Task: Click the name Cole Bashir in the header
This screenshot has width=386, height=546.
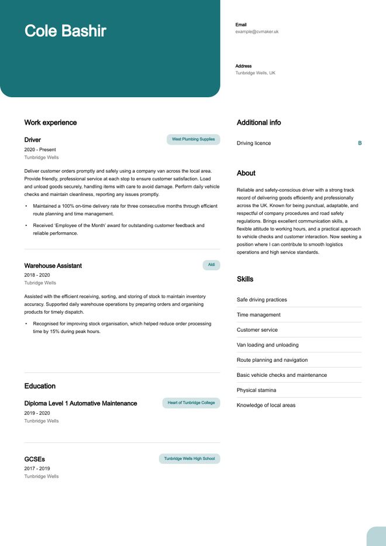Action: tap(65, 31)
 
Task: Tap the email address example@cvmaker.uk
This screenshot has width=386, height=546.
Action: tap(257, 32)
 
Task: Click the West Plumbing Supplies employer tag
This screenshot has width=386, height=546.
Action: tap(193, 139)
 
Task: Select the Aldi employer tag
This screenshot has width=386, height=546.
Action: tap(211, 265)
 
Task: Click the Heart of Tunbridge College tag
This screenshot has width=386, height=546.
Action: tap(191, 403)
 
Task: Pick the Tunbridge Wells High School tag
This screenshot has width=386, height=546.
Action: tap(189, 459)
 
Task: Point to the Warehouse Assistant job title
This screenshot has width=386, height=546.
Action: tap(53, 266)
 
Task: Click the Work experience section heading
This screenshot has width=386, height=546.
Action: tap(50, 122)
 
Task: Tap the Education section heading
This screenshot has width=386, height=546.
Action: tap(40, 386)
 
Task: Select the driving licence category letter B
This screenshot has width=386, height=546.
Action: tap(360, 143)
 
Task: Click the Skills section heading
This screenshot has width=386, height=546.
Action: tap(245, 279)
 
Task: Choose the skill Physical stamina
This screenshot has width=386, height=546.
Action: tap(256, 390)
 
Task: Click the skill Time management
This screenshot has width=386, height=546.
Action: tap(259, 315)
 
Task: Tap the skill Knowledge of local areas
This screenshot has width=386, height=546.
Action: tap(266, 405)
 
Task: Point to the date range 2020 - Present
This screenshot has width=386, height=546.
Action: tap(40, 150)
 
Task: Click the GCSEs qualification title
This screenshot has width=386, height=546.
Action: tap(35, 459)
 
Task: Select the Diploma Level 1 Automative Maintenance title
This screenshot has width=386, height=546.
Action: tap(81, 403)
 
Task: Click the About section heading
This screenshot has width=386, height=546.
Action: tap(246, 173)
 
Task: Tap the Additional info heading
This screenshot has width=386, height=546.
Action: tap(259, 122)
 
